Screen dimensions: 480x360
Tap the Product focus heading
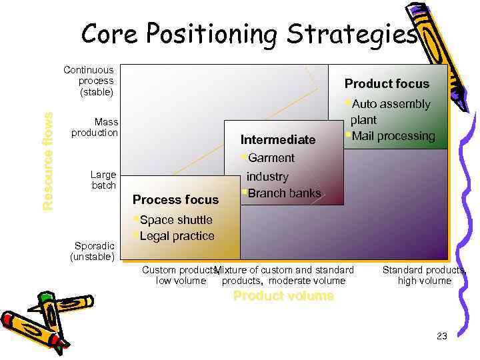coord(387,84)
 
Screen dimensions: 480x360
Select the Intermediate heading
coord(278,140)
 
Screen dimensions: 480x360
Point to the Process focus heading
coord(175,199)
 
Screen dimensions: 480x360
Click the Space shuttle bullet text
coord(176,220)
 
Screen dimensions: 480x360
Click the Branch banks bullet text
coord(284,193)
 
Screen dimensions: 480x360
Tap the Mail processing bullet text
coord(393,136)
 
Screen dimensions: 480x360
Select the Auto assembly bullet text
coord(391,104)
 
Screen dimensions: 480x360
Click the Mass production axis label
coord(96,127)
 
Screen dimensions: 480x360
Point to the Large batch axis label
coord(103,180)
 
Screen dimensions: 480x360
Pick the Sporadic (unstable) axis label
coord(93,251)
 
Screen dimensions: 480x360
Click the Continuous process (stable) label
coord(89,80)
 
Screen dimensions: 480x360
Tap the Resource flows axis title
coord(48,161)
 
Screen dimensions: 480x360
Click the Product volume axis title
coord(283,296)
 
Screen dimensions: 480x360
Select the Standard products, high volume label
coord(424,275)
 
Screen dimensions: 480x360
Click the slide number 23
coord(442,336)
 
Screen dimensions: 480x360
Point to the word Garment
coord(271,158)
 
